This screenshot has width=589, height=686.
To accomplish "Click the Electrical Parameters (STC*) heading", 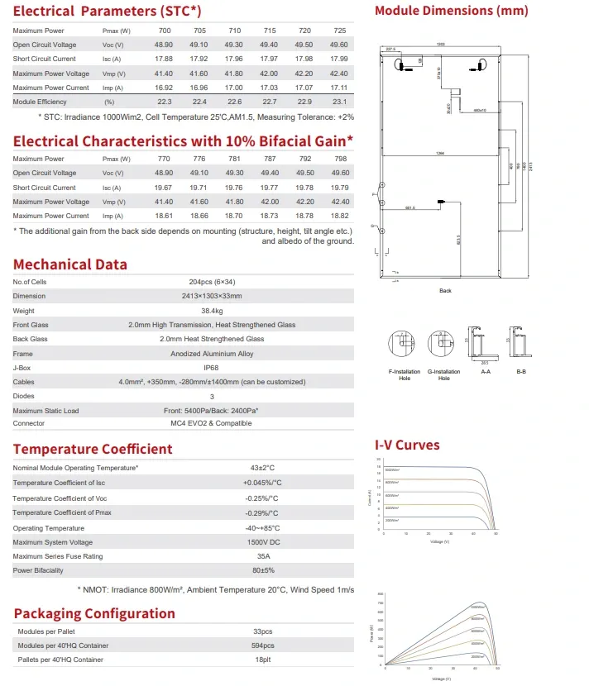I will click(107, 12).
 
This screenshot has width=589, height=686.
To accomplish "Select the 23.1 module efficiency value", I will click(338, 101).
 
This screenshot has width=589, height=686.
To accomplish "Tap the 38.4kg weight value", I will click(212, 311).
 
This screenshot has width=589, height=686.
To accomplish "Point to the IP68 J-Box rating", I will click(212, 368).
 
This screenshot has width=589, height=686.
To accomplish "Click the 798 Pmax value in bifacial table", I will click(338, 159).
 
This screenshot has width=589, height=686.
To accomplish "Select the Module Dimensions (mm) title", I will click(451, 12).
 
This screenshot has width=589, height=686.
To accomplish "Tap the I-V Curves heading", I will click(407, 445).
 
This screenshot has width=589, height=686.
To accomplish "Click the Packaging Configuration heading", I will click(94, 613).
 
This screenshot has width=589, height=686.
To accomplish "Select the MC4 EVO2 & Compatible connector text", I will click(212, 423).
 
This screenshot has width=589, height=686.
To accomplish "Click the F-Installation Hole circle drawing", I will click(403, 343).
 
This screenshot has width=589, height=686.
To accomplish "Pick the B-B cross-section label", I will click(521, 373).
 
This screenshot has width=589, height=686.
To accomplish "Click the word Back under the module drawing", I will click(445, 291).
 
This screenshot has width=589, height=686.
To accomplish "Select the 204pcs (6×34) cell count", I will click(212, 282).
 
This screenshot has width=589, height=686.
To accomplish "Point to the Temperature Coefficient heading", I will click(93, 449).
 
